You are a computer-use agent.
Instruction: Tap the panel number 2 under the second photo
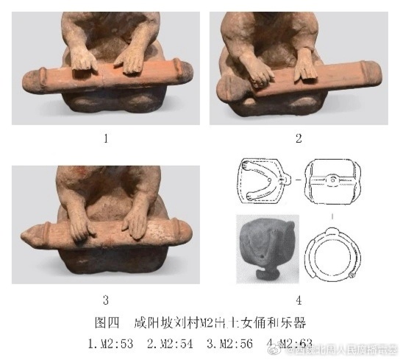click(299, 137)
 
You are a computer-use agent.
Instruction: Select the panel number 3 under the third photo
click(105, 299)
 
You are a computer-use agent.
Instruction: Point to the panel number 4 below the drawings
click(299, 300)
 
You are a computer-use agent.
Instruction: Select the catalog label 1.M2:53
click(111, 342)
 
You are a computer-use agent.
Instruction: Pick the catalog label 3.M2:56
click(229, 342)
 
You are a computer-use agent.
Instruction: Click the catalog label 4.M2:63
click(288, 342)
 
